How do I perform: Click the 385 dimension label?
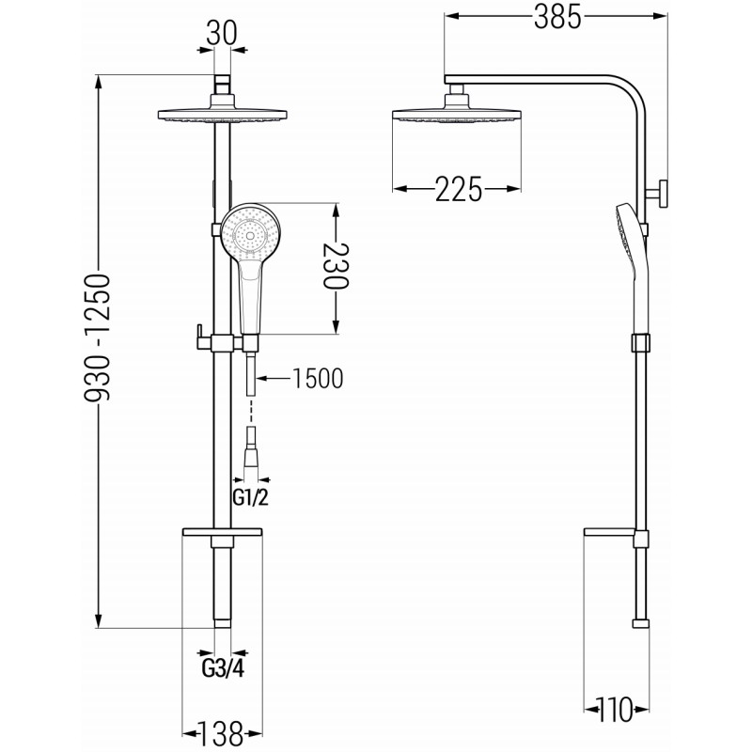click(557, 17)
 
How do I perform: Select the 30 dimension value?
click(222, 34)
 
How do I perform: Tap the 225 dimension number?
click(458, 189)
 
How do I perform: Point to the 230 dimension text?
click(337, 266)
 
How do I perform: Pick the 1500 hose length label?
click(318, 379)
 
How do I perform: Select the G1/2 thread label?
click(250, 498)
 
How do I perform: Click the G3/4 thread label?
click(223, 668)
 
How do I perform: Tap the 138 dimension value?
click(222, 734)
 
